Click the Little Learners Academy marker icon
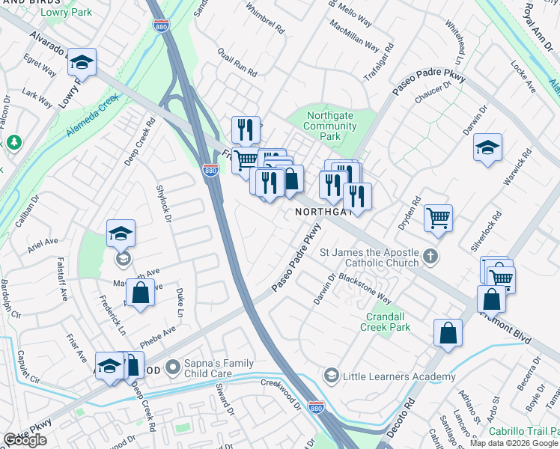tap(331, 376)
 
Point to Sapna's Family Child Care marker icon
tap(174, 367)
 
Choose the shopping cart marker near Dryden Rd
tap(438, 218)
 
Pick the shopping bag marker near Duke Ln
tap(140, 292)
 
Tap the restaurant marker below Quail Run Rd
tap(246, 129)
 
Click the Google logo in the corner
tap(25, 440)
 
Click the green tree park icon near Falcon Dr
tap(13, 142)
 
